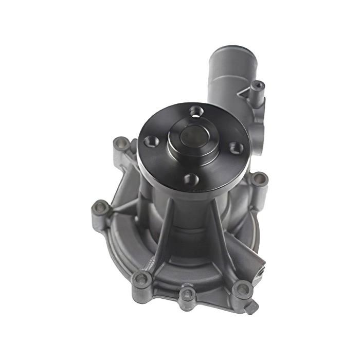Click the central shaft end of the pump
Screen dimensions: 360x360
click(x=194, y=135)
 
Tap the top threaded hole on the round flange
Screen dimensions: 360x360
click(x=194, y=110)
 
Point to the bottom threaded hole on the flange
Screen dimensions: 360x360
click(x=191, y=178)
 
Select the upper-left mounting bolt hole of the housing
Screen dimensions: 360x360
click(x=121, y=143)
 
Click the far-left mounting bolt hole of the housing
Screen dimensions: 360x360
click(x=100, y=208)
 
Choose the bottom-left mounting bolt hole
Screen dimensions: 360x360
click(x=141, y=279)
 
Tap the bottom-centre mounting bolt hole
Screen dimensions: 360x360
click(x=187, y=293)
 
